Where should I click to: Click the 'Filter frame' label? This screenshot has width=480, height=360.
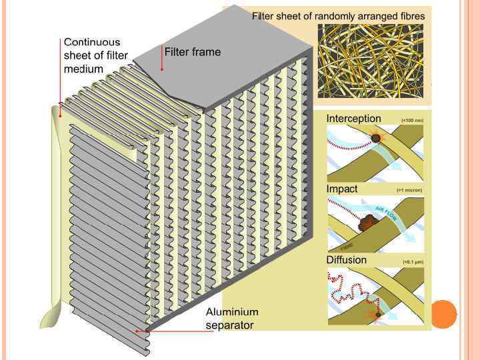click(192, 52)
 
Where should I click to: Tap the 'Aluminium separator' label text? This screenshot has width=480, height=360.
click(231, 319)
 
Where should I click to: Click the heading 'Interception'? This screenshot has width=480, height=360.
click(353, 119)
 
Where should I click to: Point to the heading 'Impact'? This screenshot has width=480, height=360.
click(342, 189)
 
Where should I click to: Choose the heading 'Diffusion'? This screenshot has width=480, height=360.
click(346, 259)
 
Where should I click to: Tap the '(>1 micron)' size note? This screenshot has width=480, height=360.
click(409, 191)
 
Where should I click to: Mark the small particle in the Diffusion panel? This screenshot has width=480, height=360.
click(378, 314)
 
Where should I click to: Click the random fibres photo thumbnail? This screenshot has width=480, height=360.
click(370, 61)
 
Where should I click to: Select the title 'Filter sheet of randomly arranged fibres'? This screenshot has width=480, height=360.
click(338, 15)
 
